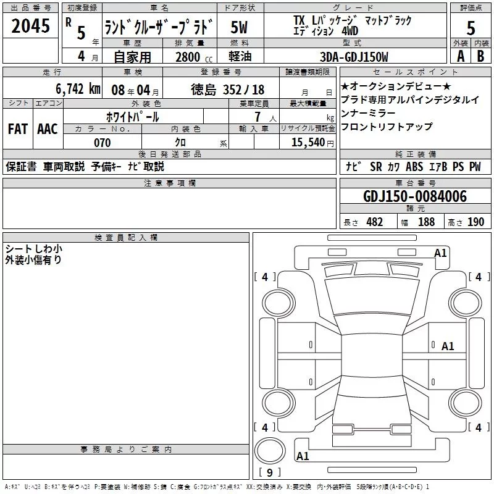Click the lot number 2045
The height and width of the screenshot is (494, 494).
tap(30, 26)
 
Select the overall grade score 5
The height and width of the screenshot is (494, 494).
tap(471, 28)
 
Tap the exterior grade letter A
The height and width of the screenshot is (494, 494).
tap(461, 56)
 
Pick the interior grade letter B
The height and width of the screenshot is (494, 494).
tap(480, 56)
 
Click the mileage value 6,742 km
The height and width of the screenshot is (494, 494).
tap(78, 89)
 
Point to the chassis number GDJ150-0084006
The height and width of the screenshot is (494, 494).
tap(415, 196)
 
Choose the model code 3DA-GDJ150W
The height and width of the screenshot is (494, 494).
tap(354, 57)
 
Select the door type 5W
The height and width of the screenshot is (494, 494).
tap(239, 27)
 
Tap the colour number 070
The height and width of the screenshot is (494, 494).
tap(103, 143)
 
